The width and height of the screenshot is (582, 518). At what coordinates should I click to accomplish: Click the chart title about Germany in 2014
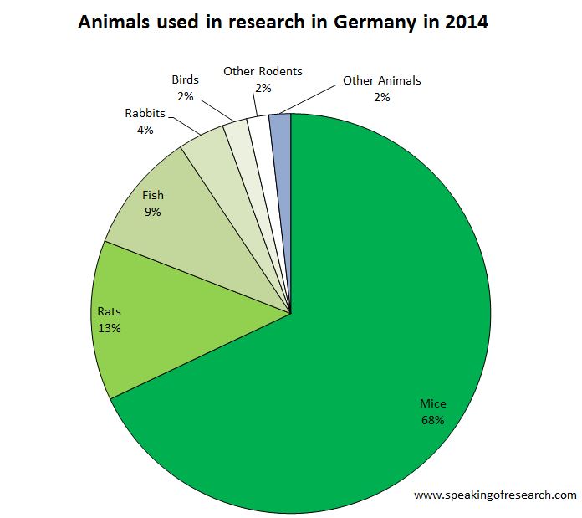(x=283, y=23)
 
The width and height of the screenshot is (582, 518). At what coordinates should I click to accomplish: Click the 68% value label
(x=432, y=419)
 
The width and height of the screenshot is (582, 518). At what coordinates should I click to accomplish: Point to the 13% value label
(x=109, y=328)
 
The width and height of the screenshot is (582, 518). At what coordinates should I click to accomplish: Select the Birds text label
(x=185, y=79)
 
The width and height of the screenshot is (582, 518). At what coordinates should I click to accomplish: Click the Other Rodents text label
(x=263, y=71)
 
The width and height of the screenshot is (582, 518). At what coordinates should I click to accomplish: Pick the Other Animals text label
(x=382, y=81)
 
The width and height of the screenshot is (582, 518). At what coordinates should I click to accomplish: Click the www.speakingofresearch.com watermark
(x=495, y=495)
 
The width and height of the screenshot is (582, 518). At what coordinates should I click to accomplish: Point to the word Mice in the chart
(x=432, y=403)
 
